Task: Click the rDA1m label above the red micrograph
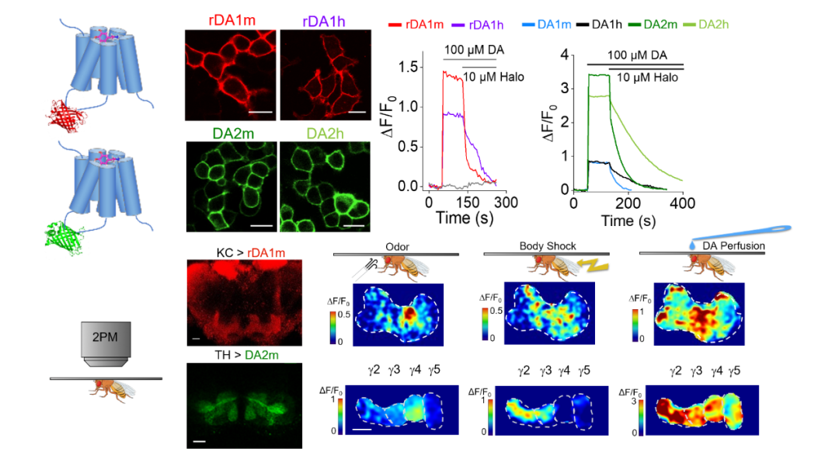coord(231,18)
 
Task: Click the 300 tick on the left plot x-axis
coord(505,203)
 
